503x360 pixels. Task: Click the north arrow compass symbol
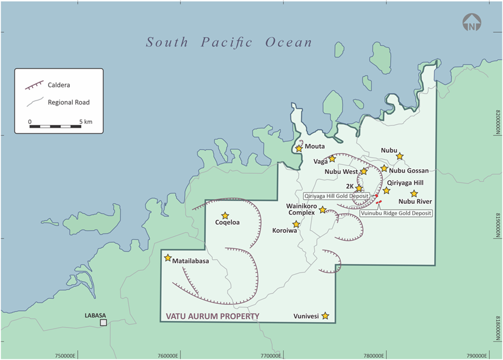coord(472,24)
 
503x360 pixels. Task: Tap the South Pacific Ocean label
coord(229,43)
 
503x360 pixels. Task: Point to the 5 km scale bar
coord(55,124)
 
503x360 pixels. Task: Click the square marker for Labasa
coord(103,323)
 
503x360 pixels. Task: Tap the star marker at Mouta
coord(299,148)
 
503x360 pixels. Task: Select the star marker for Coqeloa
coord(225,216)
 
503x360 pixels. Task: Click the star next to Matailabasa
coord(167,258)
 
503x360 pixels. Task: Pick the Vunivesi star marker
coord(325,316)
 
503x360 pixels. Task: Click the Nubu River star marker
coord(414,194)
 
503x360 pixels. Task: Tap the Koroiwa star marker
coord(296,224)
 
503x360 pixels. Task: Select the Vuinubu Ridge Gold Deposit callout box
coord(396,213)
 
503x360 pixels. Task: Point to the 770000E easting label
coord(270,355)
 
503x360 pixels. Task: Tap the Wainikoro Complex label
coord(301,209)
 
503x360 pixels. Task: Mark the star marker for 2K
coord(359,188)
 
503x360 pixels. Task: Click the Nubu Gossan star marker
coord(384,168)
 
